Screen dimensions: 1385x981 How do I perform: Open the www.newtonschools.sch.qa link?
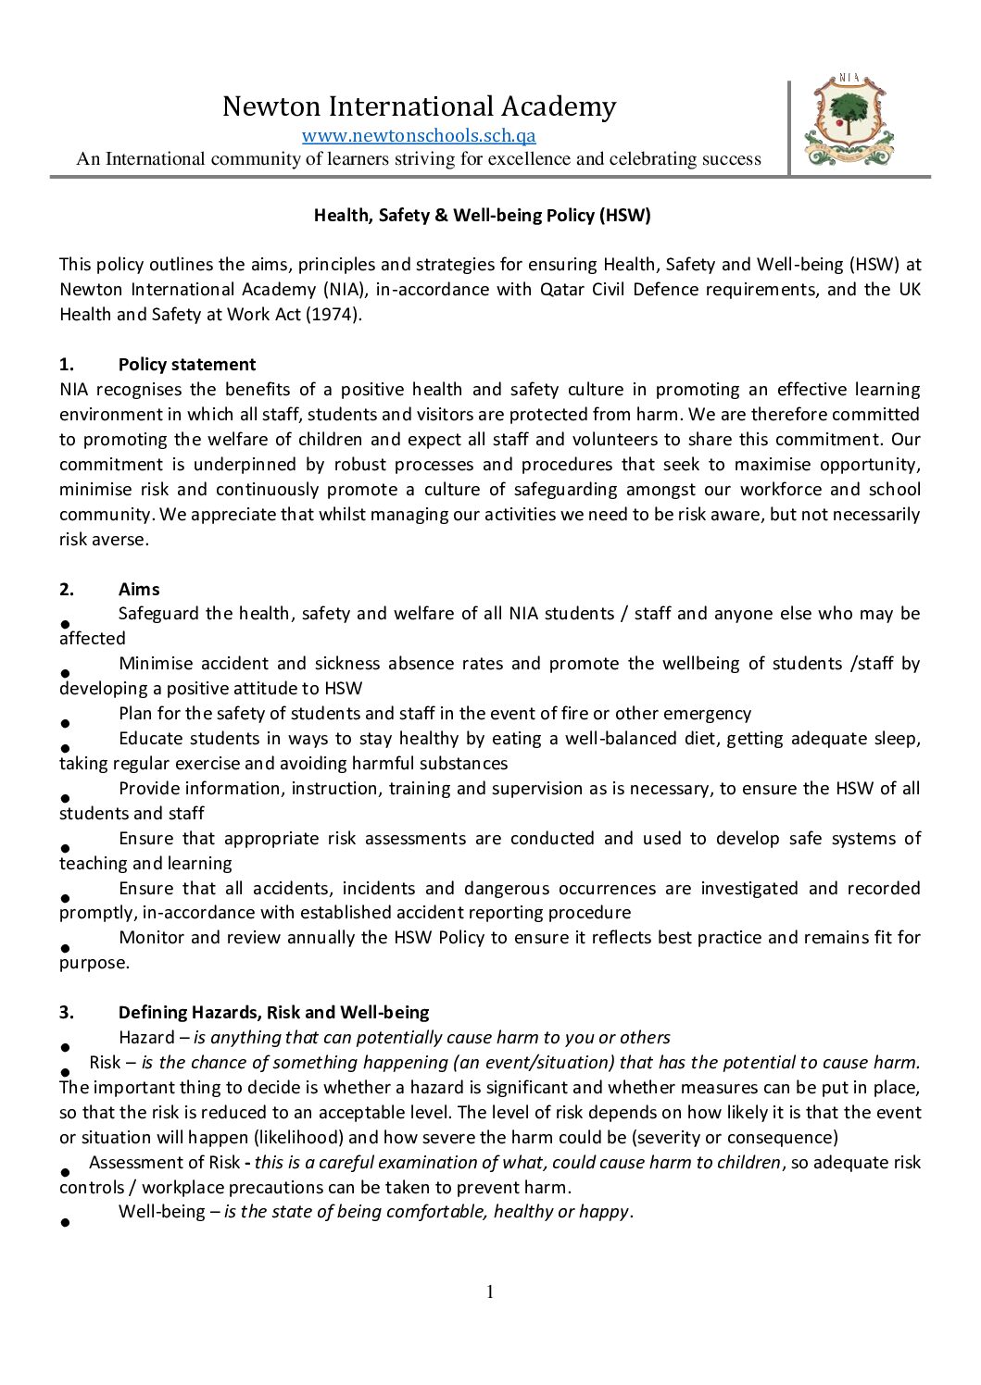point(419,135)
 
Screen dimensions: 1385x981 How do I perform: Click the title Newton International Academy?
point(419,106)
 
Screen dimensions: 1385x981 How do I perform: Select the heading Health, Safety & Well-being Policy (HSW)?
point(482,216)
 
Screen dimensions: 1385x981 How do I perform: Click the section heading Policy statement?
point(187,365)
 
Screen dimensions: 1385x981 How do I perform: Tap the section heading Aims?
point(139,590)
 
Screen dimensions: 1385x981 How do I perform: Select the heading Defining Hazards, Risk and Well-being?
point(273,1013)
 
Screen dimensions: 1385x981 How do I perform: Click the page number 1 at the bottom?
point(490,1292)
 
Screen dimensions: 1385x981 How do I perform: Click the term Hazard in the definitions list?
point(146,1038)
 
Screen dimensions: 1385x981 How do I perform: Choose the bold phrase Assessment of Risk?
point(164,1163)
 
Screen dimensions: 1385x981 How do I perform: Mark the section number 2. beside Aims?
point(66,590)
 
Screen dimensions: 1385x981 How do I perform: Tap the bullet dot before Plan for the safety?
point(66,723)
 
